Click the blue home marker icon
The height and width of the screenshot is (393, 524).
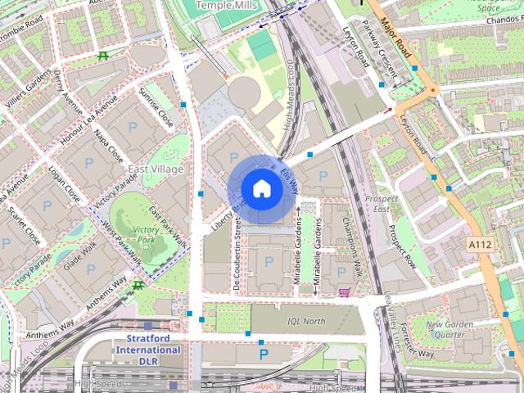(x=261, y=188)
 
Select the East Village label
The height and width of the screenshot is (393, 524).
(x=156, y=169)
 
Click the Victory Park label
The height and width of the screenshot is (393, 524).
(x=147, y=236)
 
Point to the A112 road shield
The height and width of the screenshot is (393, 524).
(x=481, y=245)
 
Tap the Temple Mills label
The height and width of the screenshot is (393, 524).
(x=227, y=5)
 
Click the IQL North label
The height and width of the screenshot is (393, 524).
(x=305, y=321)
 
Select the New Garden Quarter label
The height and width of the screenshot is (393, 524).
(x=449, y=329)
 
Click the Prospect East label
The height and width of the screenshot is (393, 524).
(x=382, y=204)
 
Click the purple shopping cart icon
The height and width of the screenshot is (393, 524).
(x=345, y=292)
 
